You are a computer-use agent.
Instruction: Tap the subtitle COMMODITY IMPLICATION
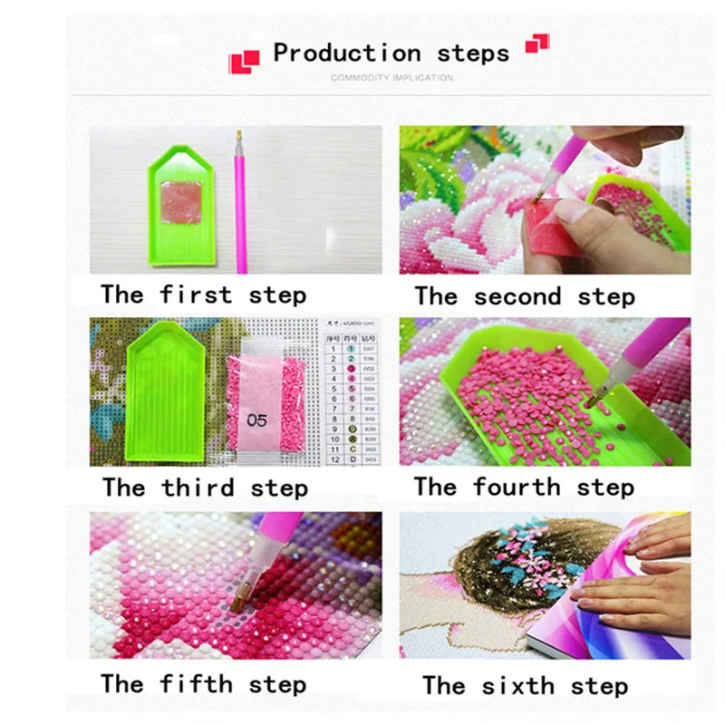(391, 78)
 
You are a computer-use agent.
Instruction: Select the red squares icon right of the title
(537, 43)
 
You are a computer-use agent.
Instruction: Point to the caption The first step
(203, 295)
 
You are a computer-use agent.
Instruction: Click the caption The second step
(525, 296)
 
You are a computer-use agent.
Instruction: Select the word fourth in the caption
(517, 487)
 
